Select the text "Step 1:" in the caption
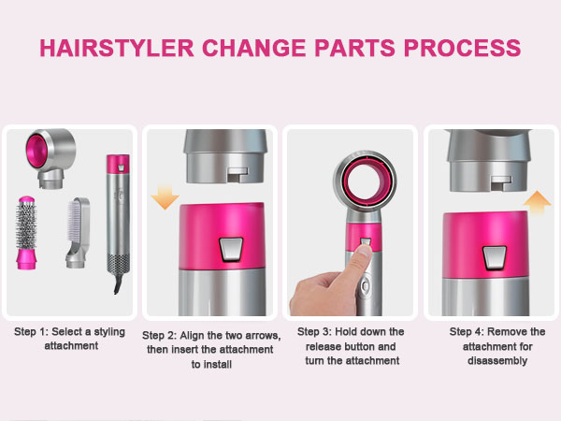[x=34, y=332]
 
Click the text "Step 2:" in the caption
[x=162, y=335]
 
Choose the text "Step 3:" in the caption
[x=317, y=332]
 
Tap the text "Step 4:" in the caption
[x=468, y=332]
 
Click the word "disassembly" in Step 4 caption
[x=496, y=361]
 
